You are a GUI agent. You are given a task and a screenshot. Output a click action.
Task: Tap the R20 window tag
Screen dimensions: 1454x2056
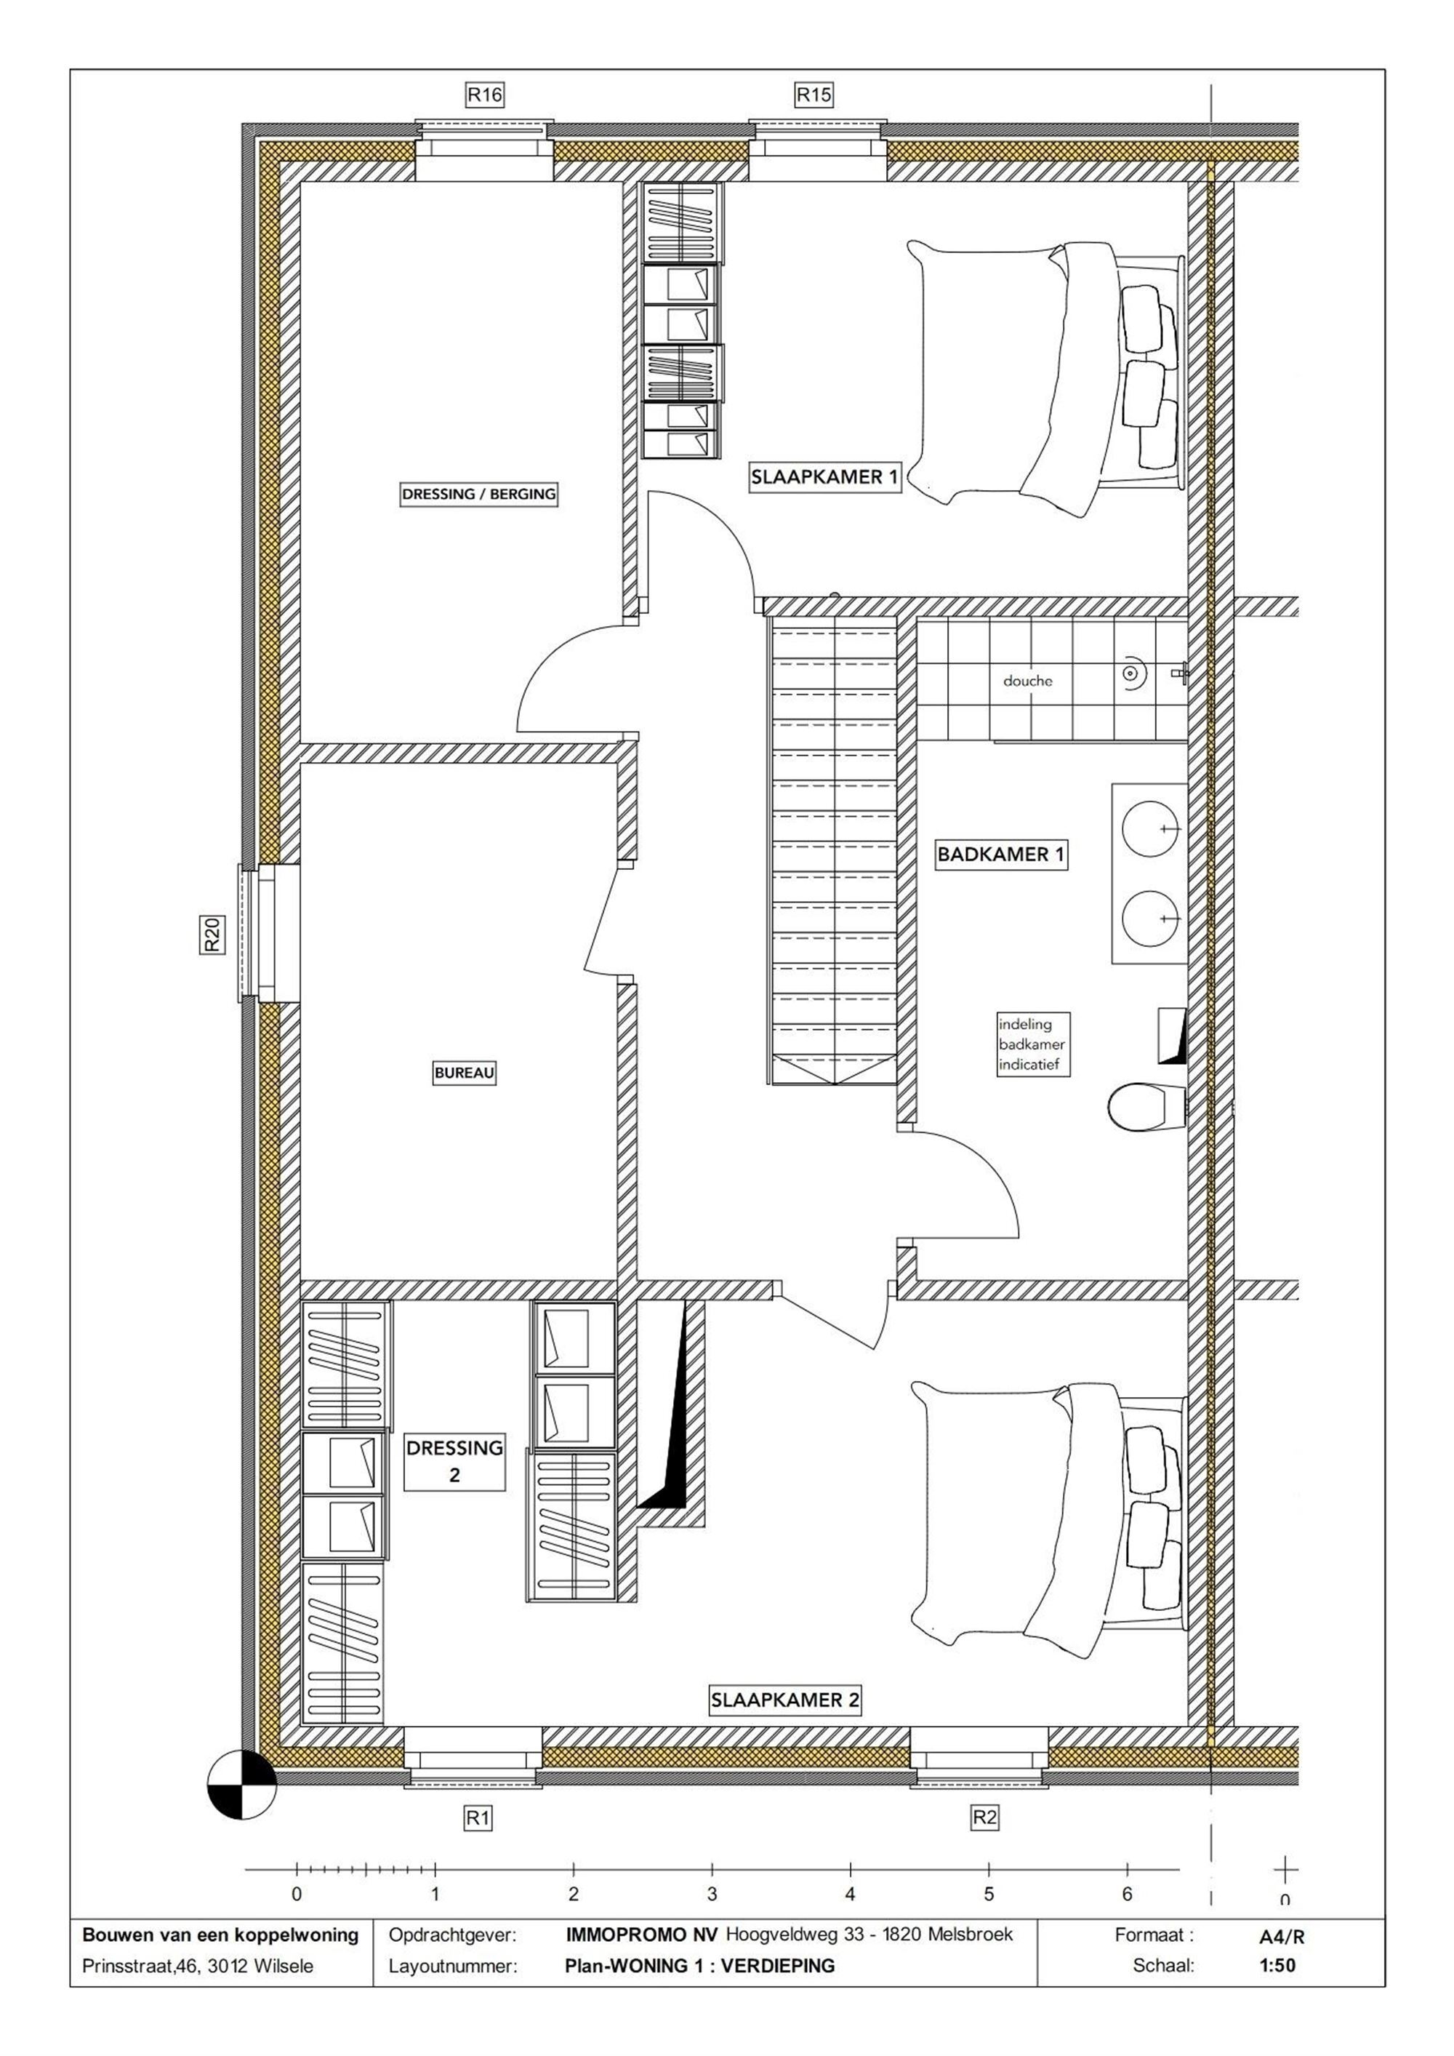point(212,935)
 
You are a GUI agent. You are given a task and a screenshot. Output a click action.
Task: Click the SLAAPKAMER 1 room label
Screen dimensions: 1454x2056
point(824,477)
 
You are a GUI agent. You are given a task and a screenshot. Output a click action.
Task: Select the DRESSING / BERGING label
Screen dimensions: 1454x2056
point(479,493)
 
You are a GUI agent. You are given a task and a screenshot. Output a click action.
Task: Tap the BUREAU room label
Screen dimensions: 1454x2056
point(464,1072)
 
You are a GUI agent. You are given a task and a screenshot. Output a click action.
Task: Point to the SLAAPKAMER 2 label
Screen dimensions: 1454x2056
point(785,1700)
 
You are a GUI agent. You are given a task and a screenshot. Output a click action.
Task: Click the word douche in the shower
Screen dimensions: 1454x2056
point(1028,681)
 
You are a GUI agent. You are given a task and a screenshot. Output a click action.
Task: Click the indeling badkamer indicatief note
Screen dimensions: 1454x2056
point(1032,1045)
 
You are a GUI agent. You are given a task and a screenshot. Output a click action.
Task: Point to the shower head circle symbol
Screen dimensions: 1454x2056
point(1132,671)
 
